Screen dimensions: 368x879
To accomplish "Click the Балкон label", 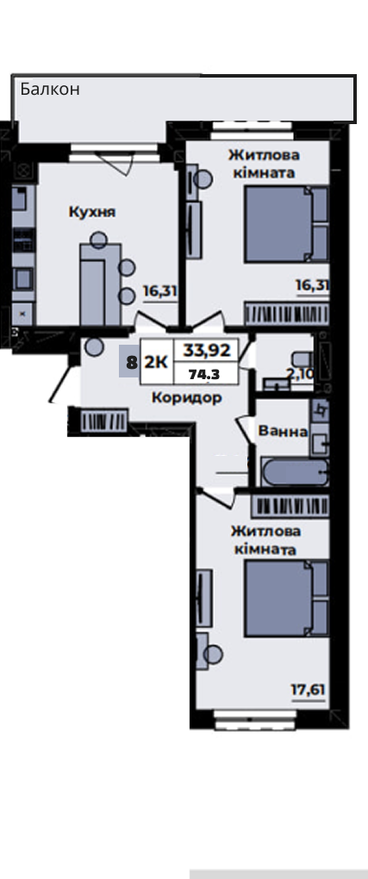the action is point(50,89).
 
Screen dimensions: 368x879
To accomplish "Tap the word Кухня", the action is point(92,212).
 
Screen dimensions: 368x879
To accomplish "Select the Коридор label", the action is point(187,398).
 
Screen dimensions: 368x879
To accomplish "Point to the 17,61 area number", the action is point(308,689).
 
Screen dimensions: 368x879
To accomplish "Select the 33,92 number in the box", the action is point(207,351).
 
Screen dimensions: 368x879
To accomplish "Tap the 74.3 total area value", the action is point(204,376).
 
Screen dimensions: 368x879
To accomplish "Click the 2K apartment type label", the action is point(156,362).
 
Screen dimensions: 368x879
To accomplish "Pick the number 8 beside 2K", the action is point(132,362).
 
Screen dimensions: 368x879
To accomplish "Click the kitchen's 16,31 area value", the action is point(160,291).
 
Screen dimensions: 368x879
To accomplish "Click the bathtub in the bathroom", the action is point(295,472).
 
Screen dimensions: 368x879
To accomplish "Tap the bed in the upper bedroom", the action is point(287,224).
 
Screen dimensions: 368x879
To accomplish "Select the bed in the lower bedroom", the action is point(287,599).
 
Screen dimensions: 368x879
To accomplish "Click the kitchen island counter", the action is point(92,284).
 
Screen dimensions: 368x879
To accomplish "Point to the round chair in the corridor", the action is point(94,347).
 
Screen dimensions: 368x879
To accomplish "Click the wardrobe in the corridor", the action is point(104,421).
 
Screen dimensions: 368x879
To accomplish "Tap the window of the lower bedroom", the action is point(256,720).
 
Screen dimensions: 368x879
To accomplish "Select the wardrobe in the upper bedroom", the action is point(286,313).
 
